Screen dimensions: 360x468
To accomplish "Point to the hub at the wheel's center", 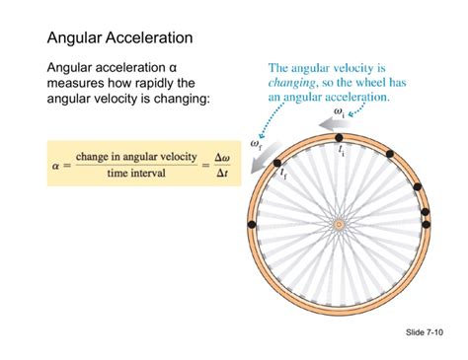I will point(339,225).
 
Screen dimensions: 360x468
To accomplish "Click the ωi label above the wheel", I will point(339,115).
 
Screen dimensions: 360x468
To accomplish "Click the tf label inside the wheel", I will point(283,175).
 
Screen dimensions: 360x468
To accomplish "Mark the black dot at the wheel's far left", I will point(251,225).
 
